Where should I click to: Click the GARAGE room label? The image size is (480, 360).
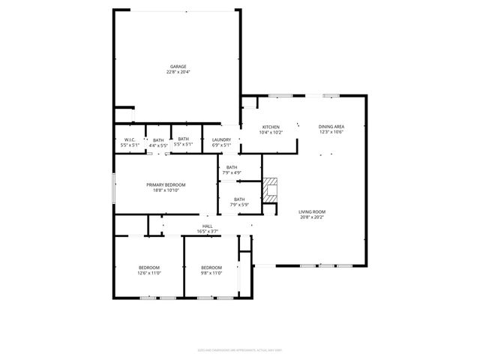pyautogui.click(x=178, y=66)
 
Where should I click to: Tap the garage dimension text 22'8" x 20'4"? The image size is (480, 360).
pyautogui.click(x=178, y=72)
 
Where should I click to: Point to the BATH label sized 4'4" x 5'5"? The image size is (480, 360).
pyautogui.click(x=158, y=139)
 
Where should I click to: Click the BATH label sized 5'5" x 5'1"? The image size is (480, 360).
pyautogui.click(x=184, y=139)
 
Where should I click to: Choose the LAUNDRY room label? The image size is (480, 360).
pyautogui.click(x=221, y=139)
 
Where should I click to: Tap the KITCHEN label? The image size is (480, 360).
pyautogui.click(x=271, y=127)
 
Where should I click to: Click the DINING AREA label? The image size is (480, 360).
pyautogui.click(x=331, y=127)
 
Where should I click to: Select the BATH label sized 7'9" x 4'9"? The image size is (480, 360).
pyautogui.click(x=232, y=167)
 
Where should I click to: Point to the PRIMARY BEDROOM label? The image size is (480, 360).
pyautogui.click(x=166, y=184)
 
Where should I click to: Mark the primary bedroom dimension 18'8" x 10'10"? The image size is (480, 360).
pyautogui.click(x=166, y=190)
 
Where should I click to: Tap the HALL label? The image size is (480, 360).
pyautogui.click(x=207, y=226)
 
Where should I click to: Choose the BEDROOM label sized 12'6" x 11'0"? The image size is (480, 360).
pyautogui.click(x=148, y=268)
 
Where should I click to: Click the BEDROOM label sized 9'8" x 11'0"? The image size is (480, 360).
pyautogui.click(x=211, y=268)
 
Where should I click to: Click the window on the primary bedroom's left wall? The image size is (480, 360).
pyautogui.click(x=113, y=187)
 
